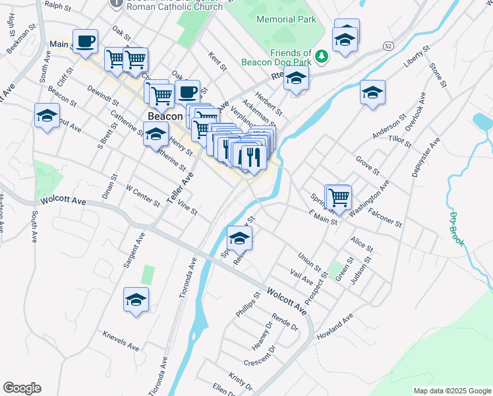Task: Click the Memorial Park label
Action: click(287, 20)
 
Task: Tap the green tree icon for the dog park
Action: click(322, 57)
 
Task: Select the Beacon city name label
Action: click(165, 116)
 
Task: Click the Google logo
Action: click(22, 388)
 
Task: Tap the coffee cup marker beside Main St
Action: click(85, 42)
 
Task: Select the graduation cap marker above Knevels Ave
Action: click(136, 300)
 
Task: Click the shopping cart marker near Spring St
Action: click(339, 197)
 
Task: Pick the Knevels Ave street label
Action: click(121, 341)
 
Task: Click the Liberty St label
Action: click(417, 56)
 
